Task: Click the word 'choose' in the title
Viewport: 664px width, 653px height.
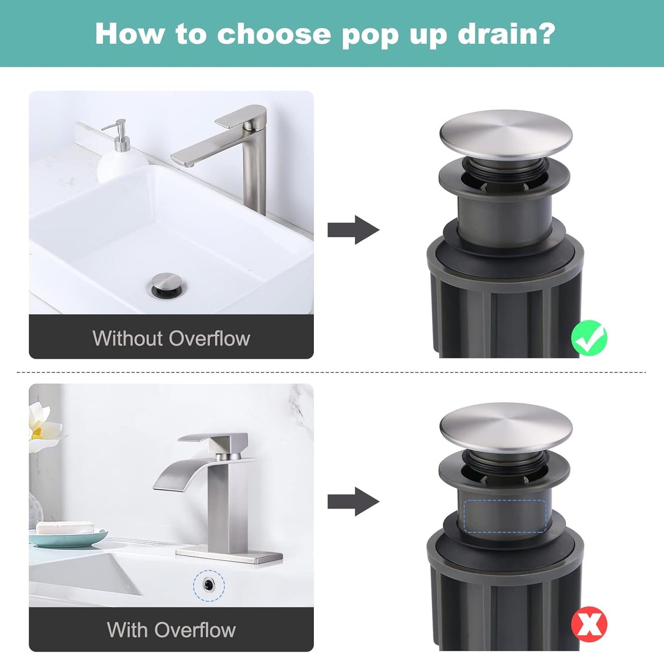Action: pos(274,34)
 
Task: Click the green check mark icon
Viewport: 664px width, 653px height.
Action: pos(589,338)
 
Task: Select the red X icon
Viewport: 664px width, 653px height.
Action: pos(589,624)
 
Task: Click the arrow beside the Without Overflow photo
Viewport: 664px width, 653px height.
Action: pos(353,229)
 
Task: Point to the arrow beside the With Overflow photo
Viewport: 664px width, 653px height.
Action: pos(353,502)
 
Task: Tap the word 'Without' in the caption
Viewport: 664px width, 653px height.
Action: pos(127,338)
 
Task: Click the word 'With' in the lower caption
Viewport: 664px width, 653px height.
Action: pos(126,630)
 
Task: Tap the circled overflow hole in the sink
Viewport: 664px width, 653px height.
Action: pos(209,585)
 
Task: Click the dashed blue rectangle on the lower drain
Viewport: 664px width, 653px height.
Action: pos(505,516)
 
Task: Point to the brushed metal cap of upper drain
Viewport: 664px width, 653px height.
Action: pos(505,133)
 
